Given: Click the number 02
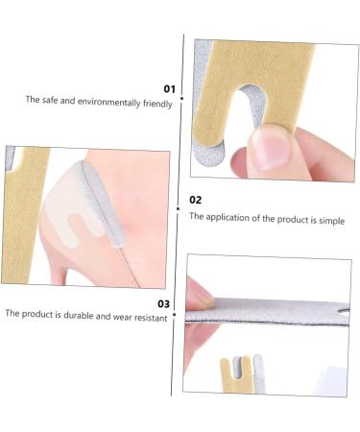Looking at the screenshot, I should coord(196,200).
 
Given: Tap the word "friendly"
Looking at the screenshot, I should coord(156,100).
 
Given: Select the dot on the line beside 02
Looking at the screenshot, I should coord(180,207).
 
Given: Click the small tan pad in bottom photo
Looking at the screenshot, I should coord(230,375).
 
